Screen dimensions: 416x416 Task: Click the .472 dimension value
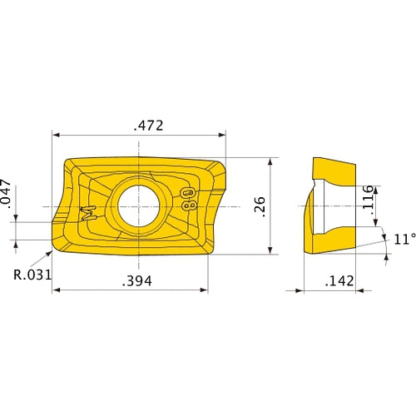click(148, 126)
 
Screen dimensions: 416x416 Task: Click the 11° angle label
click(403, 240)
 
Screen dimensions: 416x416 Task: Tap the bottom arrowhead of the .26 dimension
click(272, 250)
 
